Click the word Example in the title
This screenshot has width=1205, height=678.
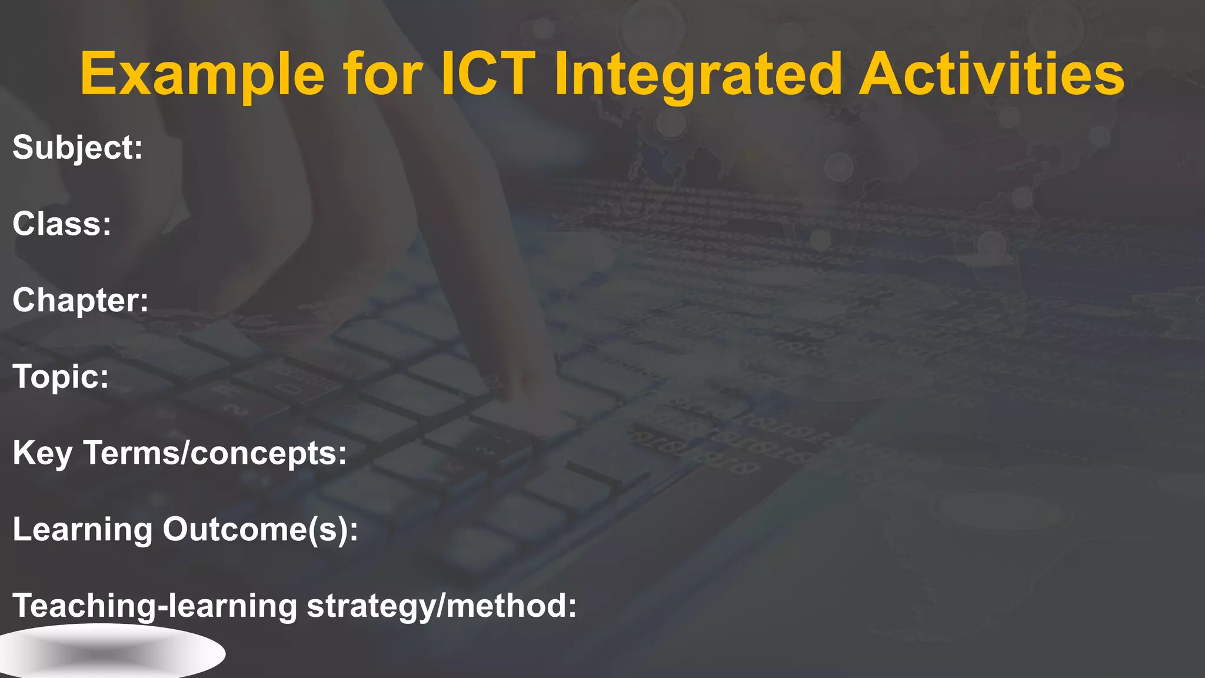point(202,74)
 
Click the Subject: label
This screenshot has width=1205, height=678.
point(78,147)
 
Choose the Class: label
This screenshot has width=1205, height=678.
point(62,224)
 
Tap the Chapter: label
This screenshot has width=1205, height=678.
point(81,300)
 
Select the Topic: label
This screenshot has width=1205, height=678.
point(61,377)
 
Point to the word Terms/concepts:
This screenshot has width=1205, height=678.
point(215,453)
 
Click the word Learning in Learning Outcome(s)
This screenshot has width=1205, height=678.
point(82,529)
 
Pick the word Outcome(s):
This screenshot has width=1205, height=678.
point(260,529)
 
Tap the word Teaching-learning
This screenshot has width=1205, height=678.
point(155,606)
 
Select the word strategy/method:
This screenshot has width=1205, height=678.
point(442,606)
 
